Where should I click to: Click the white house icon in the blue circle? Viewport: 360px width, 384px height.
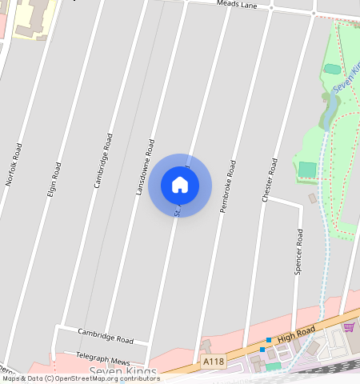click(180, 185)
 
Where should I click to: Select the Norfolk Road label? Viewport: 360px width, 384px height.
click(13, 164)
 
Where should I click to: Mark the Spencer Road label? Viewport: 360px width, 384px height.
click(298, 252)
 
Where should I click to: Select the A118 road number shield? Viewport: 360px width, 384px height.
click(214, 362)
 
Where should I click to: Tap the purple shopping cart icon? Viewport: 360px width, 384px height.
click(348, 327)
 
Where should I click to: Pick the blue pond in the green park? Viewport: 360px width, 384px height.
click(329, 112)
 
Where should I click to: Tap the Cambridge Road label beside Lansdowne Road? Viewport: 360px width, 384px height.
click(103, 160)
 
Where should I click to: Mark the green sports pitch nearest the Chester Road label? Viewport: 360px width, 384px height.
click(306, 170)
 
